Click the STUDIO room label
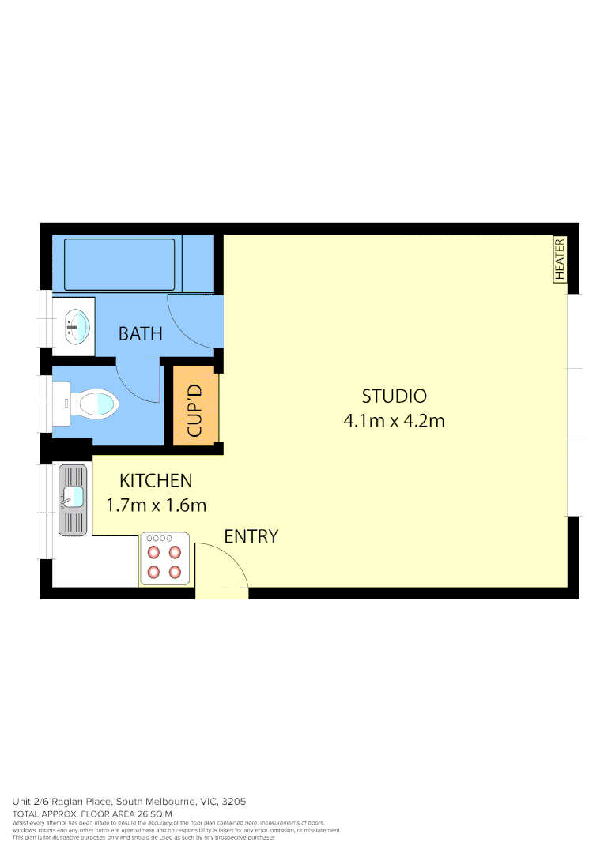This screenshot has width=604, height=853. [394, 396]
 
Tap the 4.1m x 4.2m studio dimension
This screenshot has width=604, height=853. [394, 420]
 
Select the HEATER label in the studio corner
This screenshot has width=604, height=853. [560, 259]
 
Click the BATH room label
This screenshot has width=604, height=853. [140, 333]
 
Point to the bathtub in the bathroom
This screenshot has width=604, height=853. [119, 265]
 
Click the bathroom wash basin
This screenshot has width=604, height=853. [77, 325]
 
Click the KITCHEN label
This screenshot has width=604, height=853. [156, 480]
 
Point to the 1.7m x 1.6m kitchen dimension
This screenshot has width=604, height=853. [156, 505]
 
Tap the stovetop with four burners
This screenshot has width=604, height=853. [165, 560]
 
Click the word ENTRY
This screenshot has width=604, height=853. [251, 536]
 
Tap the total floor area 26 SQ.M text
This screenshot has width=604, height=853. [92, 814]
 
